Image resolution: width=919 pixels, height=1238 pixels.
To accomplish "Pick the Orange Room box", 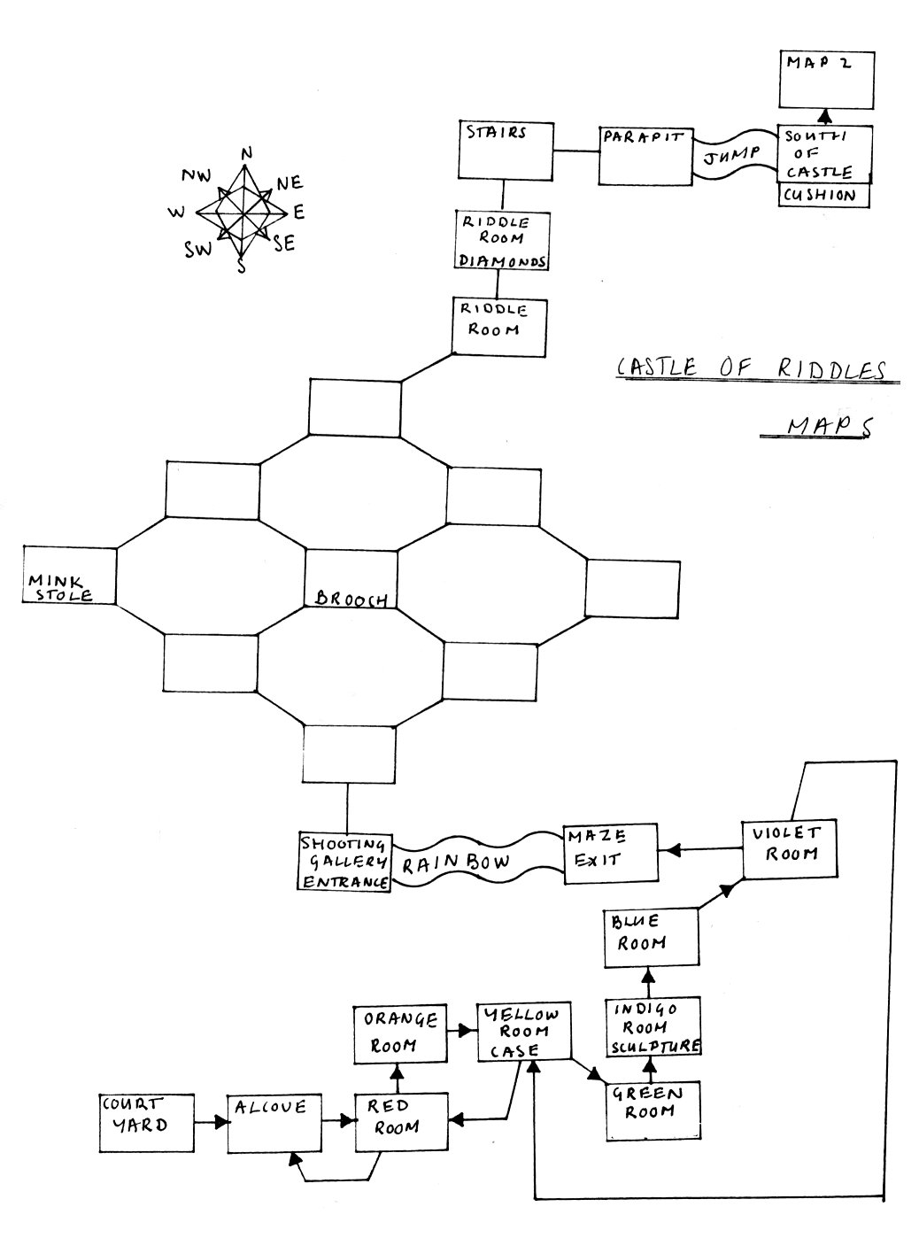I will [x=399, y=1033].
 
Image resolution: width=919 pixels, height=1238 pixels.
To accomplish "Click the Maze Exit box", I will [x=611, y=853].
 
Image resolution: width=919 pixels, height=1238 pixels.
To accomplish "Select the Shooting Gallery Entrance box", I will [x=345, y=862].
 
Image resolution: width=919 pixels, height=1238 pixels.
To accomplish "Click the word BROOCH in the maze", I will [x=351, y=599].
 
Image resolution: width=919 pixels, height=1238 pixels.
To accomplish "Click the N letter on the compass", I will [x=247, y=153].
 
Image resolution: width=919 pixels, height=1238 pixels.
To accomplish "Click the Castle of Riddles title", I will [x=750, y=369].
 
